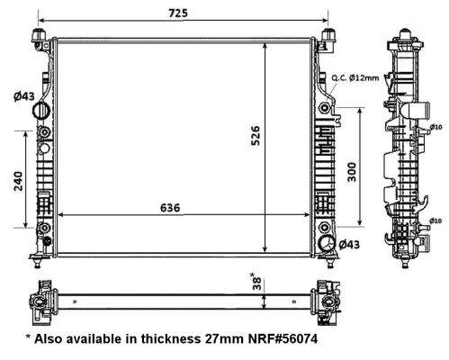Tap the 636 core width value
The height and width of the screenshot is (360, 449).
coord(170,207)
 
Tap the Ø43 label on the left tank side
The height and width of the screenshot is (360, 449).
coord(24,96)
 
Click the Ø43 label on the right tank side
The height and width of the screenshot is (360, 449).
coord(348,245)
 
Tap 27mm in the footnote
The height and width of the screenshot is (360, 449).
coord(217,341)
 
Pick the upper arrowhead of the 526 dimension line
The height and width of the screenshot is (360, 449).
coord(265,44)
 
